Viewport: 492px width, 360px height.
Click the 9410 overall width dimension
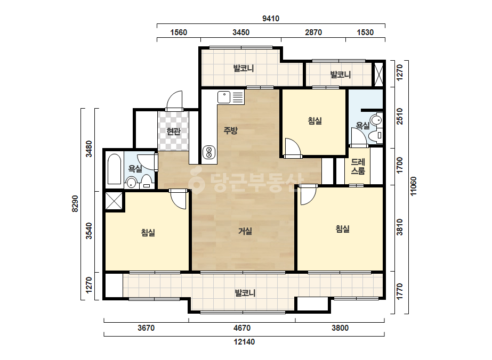click(271, 19)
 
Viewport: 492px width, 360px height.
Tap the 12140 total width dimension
click(244, 342)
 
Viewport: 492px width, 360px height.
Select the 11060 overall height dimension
click(414, 186)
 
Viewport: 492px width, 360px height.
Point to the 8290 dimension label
click(75, 204)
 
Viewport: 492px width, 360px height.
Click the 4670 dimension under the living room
click(242, 328)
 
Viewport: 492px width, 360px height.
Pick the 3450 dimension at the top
click(241, 32)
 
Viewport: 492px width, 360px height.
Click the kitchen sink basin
click(224, 97)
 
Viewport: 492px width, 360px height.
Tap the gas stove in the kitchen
click(208, 152)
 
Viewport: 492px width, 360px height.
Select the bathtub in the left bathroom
click(114, 169)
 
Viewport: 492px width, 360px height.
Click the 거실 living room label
click(245, 231)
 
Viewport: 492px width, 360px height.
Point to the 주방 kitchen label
click(230, 130)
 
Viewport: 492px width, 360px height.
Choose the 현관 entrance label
click(173, 132)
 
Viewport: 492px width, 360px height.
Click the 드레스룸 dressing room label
click(358, 167)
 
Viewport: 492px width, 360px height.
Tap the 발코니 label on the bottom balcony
click(245, 293)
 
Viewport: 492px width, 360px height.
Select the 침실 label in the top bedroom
click(314, 121)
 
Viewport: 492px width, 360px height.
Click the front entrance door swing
click(174, 100)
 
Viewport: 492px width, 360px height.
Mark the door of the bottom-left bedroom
click(179, 199)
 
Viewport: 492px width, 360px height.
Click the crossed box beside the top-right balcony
click(379, 75)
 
